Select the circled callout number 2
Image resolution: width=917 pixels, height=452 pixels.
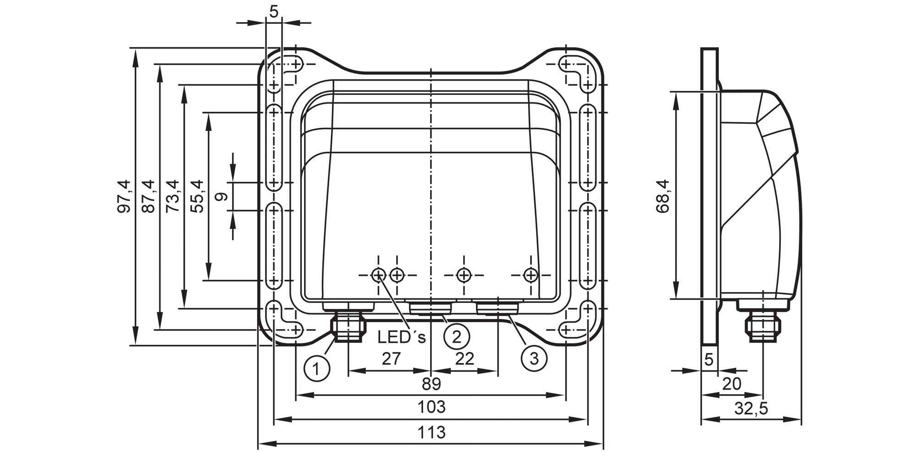tap(457, 336)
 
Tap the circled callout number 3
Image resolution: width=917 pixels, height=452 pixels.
tap(534, 358)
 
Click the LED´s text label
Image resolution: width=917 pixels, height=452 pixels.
tap(402, 337)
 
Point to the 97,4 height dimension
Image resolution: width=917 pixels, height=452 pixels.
tap(124, 196)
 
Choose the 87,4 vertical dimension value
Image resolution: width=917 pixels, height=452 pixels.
tap(149, 196)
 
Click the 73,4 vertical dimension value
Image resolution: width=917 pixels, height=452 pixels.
tap(173, 196)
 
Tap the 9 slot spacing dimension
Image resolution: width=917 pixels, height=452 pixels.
tap(221, 197)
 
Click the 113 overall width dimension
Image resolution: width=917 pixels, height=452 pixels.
tap(431, 432)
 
